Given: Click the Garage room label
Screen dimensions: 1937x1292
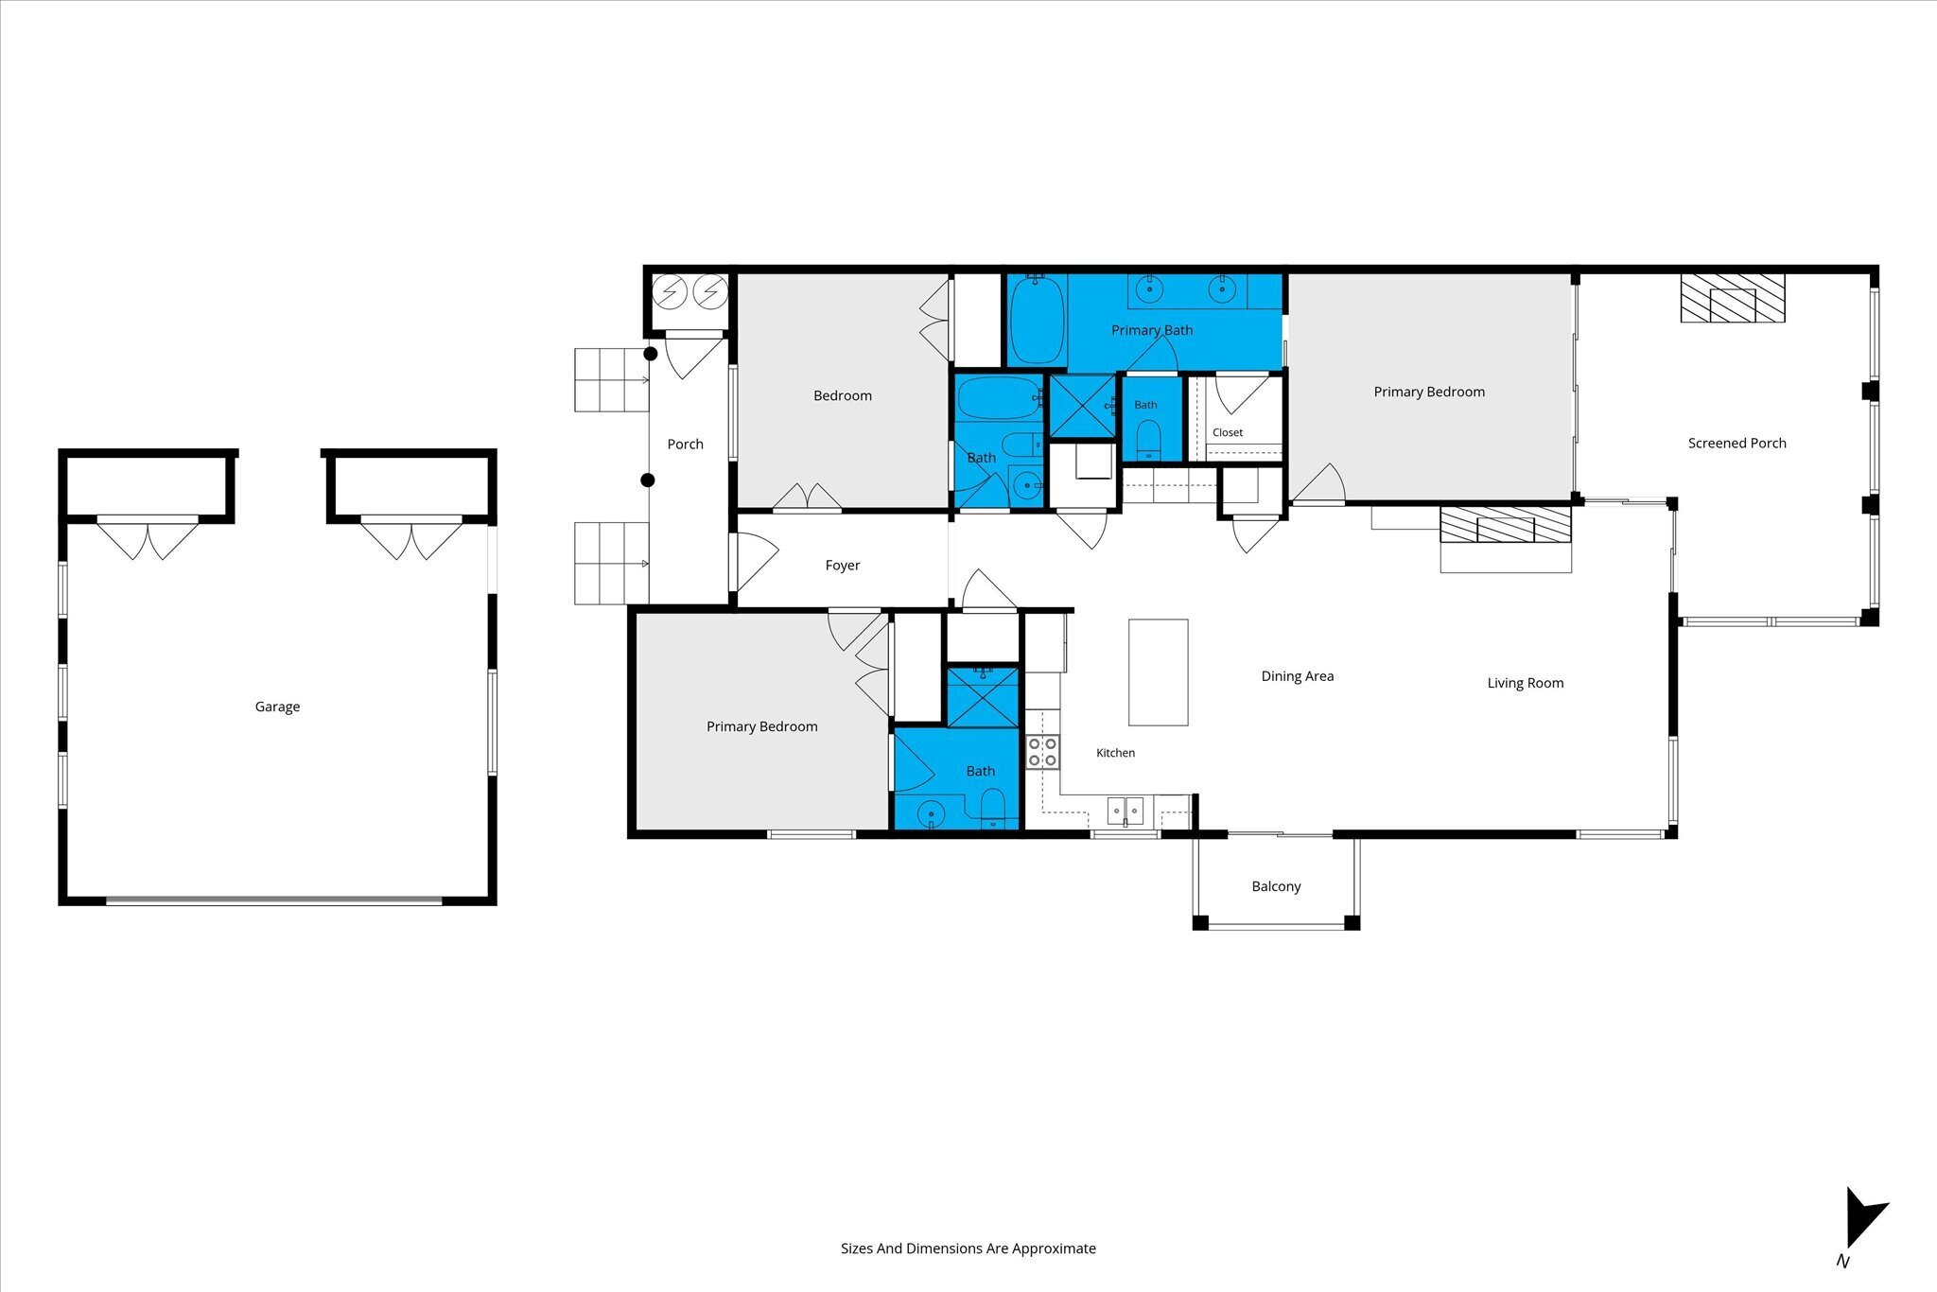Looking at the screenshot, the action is click(x=277, y=707).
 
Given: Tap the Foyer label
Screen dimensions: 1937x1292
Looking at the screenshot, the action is click(x=842, y=566).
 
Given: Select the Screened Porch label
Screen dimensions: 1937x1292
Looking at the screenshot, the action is click(x=1736, y=443).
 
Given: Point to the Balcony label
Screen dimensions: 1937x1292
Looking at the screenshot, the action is click(x=1276, y=886).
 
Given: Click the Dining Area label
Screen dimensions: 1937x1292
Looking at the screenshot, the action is click(x=1297, y=676).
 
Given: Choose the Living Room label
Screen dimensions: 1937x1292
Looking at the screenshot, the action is click(x=1525, y=683).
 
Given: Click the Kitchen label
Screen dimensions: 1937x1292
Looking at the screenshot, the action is click(x=1115, y=753).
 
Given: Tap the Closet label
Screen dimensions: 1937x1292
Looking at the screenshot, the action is click(x=1228, y=432).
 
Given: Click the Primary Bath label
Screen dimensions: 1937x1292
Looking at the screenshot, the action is click(x=1151, y=330).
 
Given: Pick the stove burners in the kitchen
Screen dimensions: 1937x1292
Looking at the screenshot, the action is click(x=1042, y=752).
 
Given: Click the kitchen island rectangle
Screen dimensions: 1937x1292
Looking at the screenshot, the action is click(x=1159, y=672).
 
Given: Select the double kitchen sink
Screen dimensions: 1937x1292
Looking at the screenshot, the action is click(x=1126, y=812).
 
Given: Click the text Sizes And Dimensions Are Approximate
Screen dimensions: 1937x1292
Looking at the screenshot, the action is click(x=968, y=1248).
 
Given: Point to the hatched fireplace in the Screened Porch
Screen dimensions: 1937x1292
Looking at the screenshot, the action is click(x=1732, y=298).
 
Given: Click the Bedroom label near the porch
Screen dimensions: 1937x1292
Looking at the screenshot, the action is click(x=842, y=395).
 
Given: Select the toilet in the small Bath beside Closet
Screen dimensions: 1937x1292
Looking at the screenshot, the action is click(x=1148, y=438).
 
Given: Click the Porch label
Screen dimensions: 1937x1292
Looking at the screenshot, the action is click(x=685, y=444).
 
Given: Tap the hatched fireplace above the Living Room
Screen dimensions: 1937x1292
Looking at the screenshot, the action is click(x=1505, y=525).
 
